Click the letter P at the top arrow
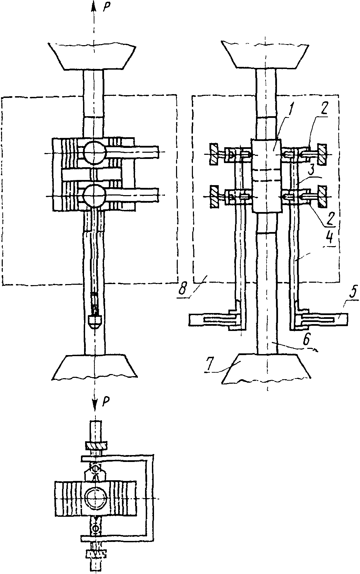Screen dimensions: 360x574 (x=105, y=8)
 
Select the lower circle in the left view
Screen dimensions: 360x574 (x=94, y=196)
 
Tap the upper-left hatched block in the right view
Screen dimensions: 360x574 (x=214, y=154)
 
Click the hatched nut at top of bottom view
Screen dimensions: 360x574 (x=95, y=446)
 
